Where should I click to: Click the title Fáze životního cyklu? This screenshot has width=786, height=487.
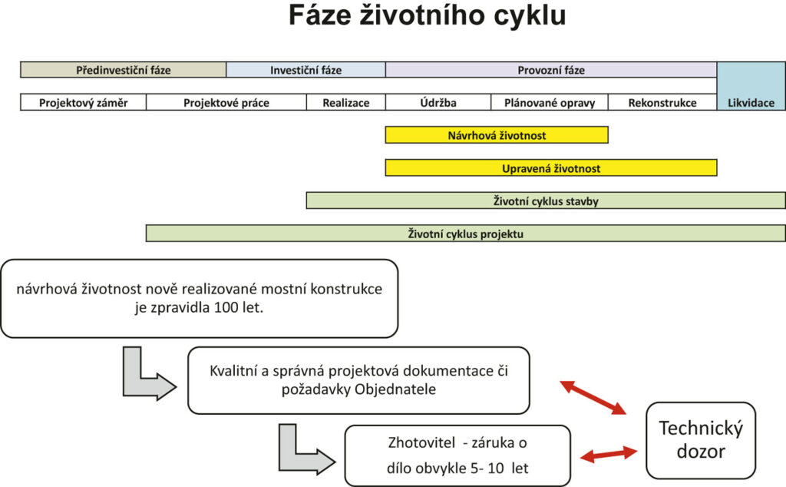(427, 17)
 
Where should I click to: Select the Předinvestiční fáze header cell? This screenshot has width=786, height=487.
(123, 70)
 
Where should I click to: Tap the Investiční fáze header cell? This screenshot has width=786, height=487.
(305, 70)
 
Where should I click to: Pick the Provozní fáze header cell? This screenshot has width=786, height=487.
(550, 70)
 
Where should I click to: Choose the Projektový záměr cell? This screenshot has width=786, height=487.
(83, 103)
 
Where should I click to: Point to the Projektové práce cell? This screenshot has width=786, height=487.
(226, 103)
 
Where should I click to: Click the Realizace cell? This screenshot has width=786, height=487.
(345, 103)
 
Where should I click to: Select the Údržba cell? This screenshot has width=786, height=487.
(438, 103)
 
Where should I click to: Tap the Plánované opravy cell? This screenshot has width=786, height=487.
(549, 103)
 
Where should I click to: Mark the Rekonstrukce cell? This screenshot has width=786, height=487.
(662, 103)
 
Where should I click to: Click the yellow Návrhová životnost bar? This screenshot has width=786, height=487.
(496, 135)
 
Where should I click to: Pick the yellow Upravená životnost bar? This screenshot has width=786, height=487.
(550, 168)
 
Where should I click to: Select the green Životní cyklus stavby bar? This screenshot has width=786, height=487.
(545, 200)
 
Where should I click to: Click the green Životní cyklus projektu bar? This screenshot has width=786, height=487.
(465, 234)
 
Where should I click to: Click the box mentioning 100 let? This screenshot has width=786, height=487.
(199, 299)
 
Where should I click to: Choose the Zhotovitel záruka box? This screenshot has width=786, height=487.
(457, 455)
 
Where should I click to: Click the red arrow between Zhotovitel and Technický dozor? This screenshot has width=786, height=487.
(609, 454)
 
